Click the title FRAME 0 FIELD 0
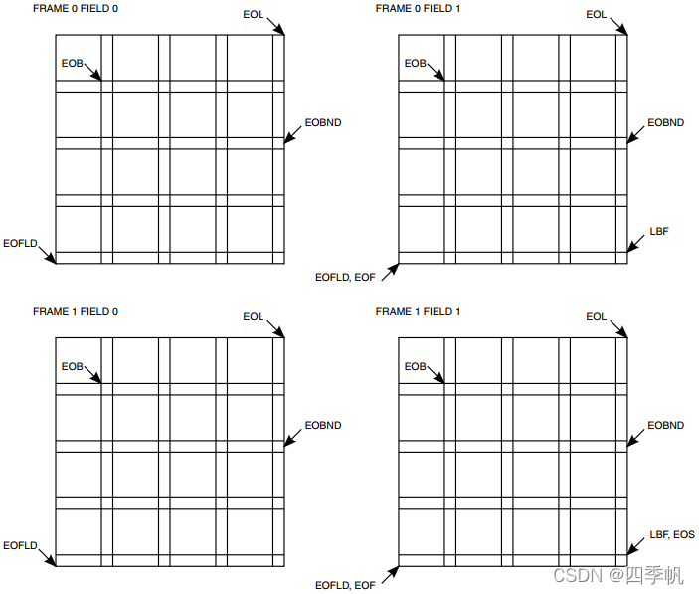click(x=76, y=9)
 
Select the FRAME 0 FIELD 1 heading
click(x=418, y=9)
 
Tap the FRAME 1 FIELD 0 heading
click(x=76, y=312)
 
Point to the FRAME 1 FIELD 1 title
click(x=418, y=312)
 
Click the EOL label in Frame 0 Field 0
click(x=254, y=14)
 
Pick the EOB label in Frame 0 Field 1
click(x=415, y=64)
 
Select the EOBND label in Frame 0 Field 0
click(x=322, y=122)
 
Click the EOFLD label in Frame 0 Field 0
click(x=20, y=243)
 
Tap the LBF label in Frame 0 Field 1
click(x=659, y=231)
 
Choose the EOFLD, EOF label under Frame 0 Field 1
click(x=345, y=277)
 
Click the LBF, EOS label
click(x=672, y=535)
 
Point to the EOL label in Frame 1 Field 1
click(x=597, y=317)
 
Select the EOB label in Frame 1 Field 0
click(x=72, y=367)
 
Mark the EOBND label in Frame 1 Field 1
click(x=665, y=426)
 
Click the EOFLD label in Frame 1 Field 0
click(x=20, y=546)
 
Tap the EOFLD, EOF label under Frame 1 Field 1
click(x=345, y=585)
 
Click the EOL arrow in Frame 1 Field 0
click(x=276, y=328)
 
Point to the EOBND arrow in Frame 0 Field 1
click(x=636, y=136)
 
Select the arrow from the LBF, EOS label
click(x=636, y=547)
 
